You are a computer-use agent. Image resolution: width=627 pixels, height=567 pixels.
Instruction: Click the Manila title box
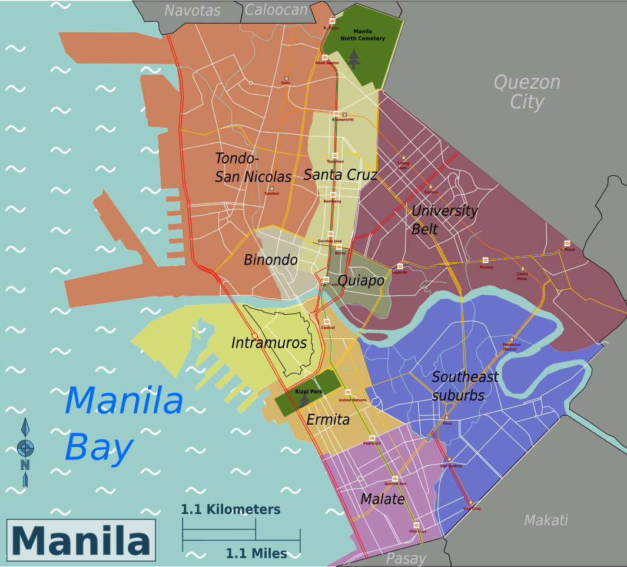[81, 540]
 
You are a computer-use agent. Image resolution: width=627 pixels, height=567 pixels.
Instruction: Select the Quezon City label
[526, 92]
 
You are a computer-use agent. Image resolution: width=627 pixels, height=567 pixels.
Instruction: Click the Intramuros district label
[269, 343]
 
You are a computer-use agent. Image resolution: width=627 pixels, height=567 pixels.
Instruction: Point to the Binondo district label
[270, 260]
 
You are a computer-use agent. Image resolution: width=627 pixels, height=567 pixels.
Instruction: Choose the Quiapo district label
[361, 281]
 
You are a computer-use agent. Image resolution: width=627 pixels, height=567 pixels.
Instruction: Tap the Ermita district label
[328, 420]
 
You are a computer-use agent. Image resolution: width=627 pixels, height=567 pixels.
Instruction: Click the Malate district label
[383, 499]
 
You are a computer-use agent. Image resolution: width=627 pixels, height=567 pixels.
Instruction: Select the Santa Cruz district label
[340, 175]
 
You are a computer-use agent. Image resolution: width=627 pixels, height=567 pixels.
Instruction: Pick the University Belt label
[444, 219]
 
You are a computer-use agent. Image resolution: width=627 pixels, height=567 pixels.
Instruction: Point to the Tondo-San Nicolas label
[253, 168]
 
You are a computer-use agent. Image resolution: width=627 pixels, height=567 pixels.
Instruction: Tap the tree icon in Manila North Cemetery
[353, 58]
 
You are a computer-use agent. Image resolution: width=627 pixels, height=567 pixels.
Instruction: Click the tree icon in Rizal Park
[304, 401]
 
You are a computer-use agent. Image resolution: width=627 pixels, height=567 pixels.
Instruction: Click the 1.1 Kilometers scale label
[230, 509]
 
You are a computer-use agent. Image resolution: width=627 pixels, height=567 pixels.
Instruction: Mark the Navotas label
[192, 11]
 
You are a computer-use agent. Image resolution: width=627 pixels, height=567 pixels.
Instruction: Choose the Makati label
[546, 520]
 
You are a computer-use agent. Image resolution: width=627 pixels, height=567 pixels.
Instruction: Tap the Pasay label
[406, 559]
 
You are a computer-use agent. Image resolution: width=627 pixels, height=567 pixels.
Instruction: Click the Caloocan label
[276, 10]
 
